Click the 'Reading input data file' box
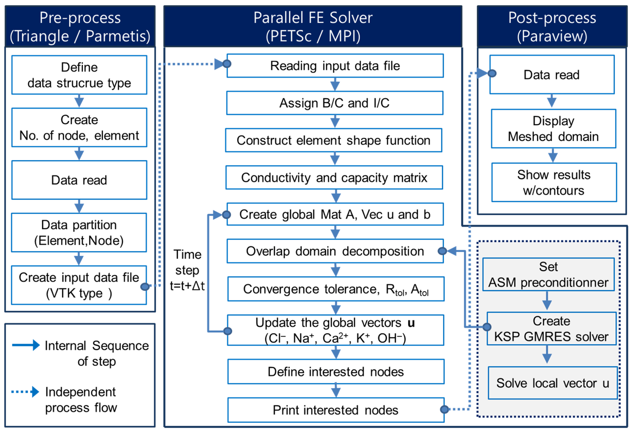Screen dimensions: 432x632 [x=335, y=66]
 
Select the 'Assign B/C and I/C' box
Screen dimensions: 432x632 [x=334, y=103]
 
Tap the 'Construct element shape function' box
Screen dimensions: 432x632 [x=333, y=140]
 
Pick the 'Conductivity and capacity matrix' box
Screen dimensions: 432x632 [x=334, y=177]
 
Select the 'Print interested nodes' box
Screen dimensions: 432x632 [x=336, y=410]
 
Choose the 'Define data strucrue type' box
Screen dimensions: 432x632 [x=79, y=75]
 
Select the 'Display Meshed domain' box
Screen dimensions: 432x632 [x=553, y=128]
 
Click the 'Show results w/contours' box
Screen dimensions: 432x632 [x=554, y=182]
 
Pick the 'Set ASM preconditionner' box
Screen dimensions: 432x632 [x=548, y=274]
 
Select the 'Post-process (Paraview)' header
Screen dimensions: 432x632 [x=552, y=27]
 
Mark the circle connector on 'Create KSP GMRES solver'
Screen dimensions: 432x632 [x=487, y=327]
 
